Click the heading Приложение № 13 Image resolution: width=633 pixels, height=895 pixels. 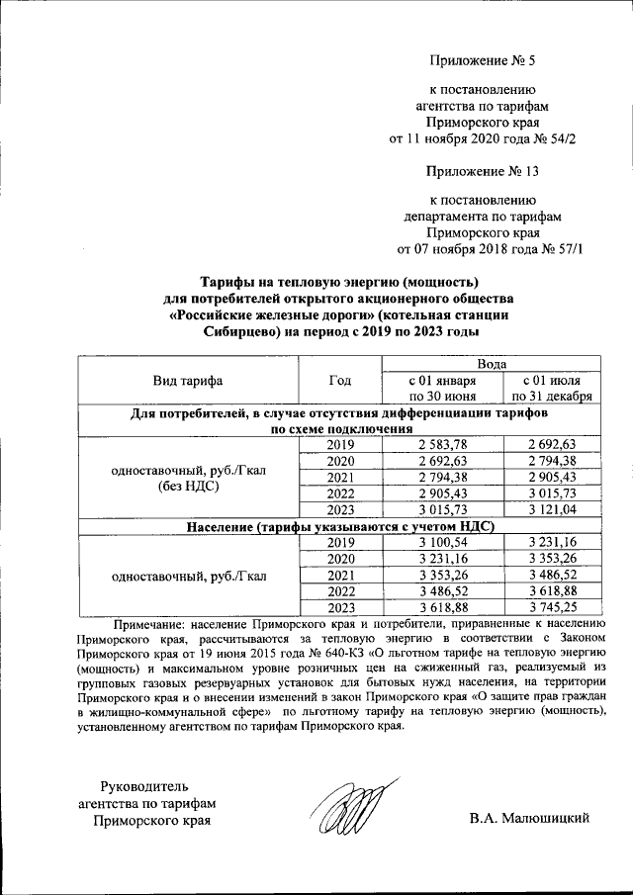482,172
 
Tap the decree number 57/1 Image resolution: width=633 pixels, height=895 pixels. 565,248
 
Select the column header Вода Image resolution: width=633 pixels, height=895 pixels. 494,364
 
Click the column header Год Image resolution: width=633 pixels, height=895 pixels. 338,381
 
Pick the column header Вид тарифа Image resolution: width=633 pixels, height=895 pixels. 187,381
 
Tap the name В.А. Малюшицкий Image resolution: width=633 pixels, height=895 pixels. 530,817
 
